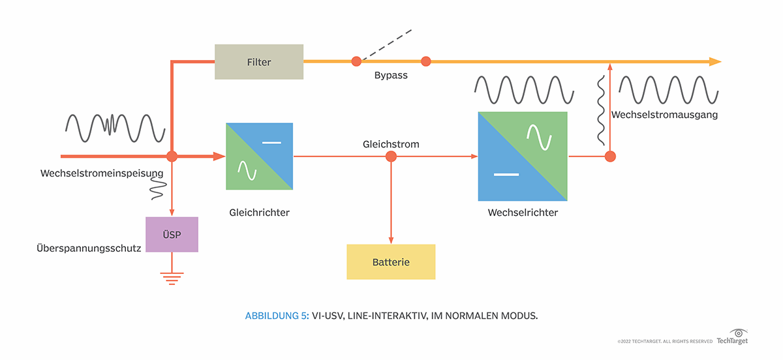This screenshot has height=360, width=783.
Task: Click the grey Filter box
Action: [259, 62]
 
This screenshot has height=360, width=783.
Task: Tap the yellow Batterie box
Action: [391, 262]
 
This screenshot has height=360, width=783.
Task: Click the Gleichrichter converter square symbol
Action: [259, 157]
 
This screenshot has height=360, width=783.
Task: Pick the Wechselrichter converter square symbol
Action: [523, 157]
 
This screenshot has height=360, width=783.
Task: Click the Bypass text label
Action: [391, 76]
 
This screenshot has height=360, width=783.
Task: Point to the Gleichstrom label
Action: [391, 143]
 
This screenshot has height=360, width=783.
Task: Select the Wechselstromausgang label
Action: [664, 115]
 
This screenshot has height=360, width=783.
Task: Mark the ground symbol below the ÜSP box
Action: [172, 278]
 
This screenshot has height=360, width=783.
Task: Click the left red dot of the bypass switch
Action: [356, 61]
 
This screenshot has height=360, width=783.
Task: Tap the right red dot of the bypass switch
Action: [426, 61]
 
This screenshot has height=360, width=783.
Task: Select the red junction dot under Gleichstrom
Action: [391, 157]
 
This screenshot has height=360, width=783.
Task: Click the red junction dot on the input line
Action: [172, 157]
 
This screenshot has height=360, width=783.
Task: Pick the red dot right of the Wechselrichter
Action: [610, 157]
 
